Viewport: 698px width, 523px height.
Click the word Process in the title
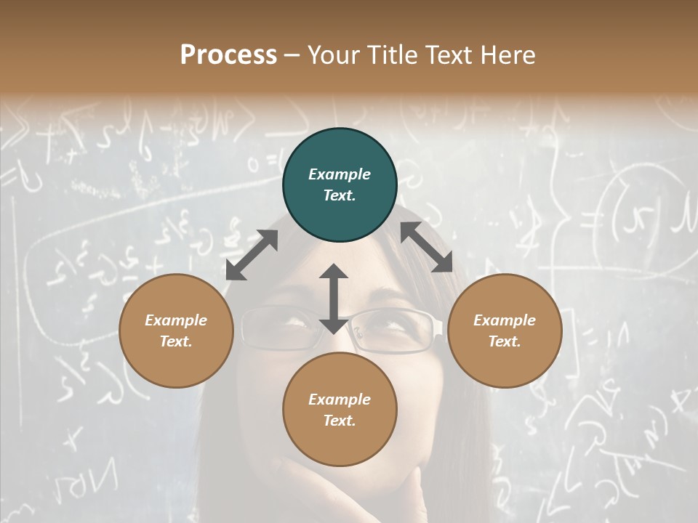tap(228, 55)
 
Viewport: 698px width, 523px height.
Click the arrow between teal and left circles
tap(252, 255)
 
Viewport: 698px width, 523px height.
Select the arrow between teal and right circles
tap(426, 247)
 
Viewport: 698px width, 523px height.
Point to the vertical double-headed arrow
tap(334, 299)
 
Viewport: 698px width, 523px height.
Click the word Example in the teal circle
tap(340, 174)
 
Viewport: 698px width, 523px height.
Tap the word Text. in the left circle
tap(176, 341)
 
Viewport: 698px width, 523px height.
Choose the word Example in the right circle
tap(505, 320)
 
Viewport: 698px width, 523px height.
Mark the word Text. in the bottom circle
tap(340, 421)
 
